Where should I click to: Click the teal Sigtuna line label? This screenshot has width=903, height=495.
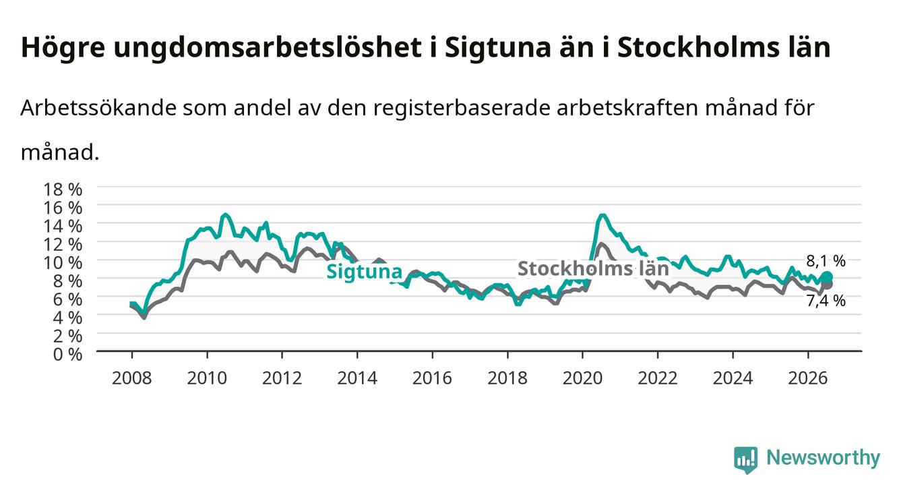364,272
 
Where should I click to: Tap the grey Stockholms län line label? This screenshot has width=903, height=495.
593,268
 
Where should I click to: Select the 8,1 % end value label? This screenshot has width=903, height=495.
826,261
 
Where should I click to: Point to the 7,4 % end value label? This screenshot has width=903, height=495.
826,301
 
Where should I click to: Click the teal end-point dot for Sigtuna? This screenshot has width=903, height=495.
827,277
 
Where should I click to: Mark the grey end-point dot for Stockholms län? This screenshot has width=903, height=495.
828,285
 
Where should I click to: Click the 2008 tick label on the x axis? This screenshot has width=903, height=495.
131,378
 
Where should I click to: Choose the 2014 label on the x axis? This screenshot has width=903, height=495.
357,378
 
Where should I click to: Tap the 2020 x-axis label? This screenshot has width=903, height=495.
582,378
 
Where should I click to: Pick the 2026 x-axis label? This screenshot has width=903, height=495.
808,378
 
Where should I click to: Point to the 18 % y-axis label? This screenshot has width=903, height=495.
63,190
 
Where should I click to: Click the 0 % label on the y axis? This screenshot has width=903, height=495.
67,355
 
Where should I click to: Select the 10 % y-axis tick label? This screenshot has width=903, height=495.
63,263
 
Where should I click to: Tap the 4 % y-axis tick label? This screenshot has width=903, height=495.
67,318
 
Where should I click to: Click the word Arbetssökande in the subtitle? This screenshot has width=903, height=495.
98,108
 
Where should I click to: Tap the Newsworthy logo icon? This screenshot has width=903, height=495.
746,460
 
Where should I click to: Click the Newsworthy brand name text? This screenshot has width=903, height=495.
823,459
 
